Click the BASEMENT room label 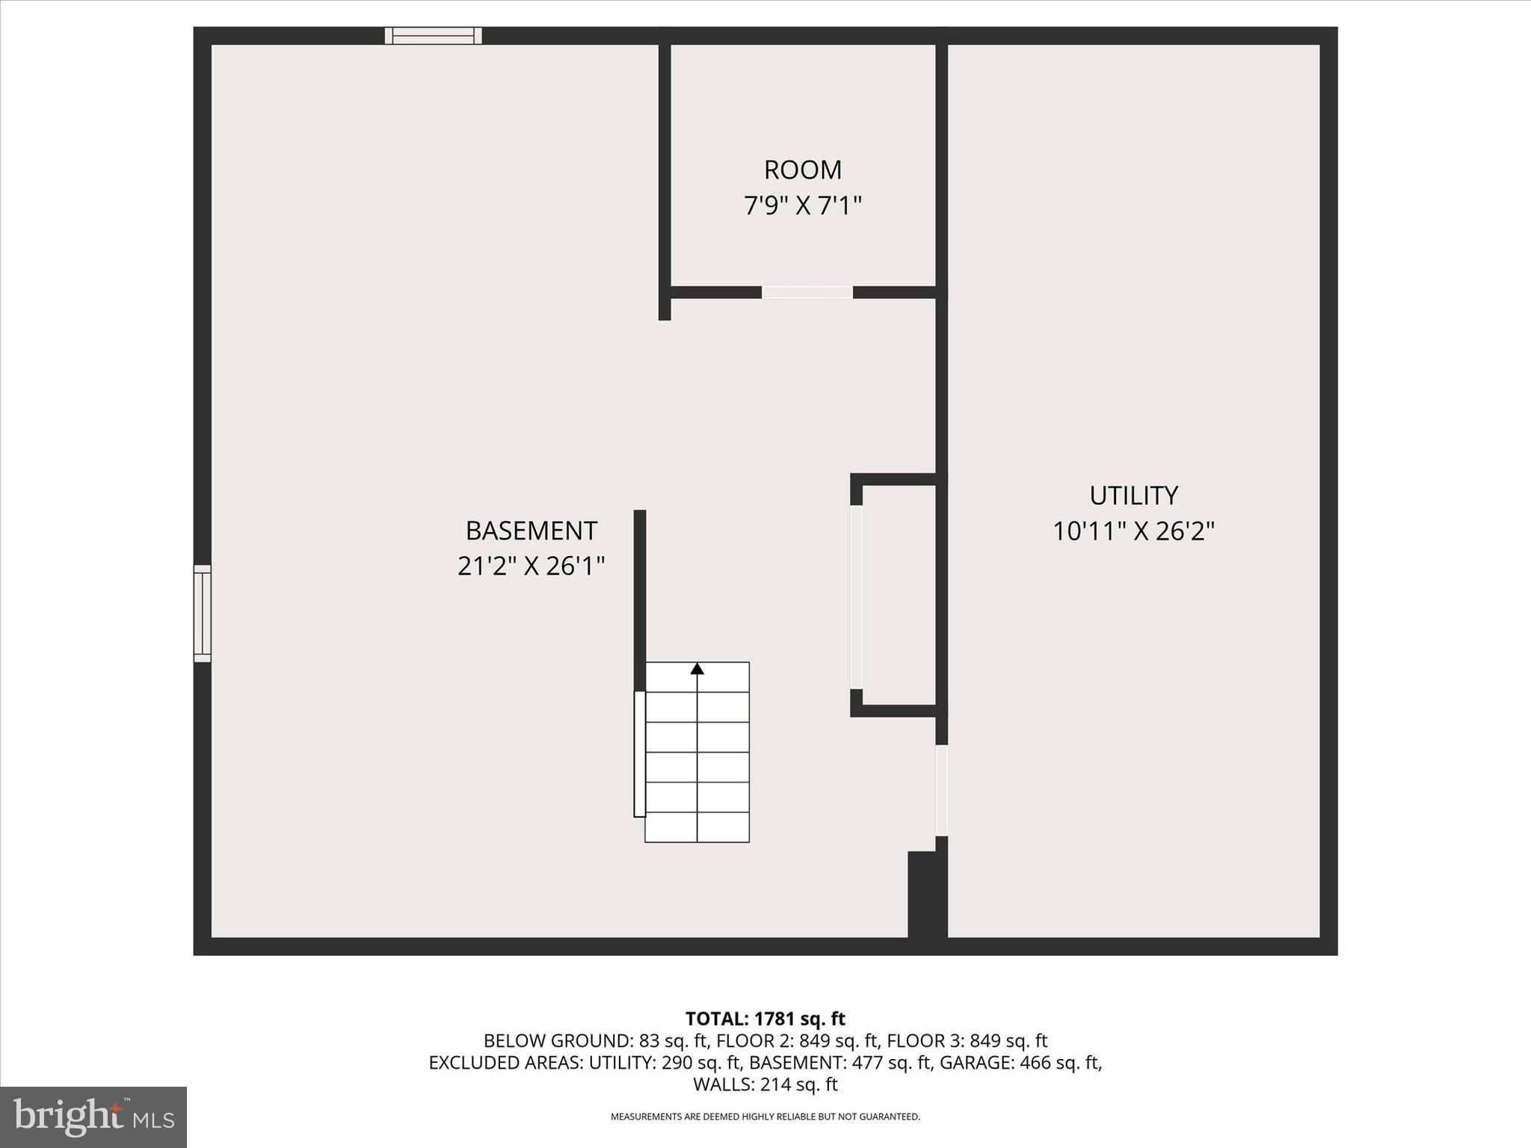coord(531,531)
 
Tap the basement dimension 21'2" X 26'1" coord(531,567)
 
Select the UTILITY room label coord(1133,496)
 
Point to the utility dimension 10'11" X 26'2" coord(1133,531)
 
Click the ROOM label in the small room coord(803,170)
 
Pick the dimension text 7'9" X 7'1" coord(803,206)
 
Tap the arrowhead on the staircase coord(697,668)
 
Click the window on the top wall coord(433,36)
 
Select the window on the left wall coord(202,614)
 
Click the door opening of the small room coord(807,292)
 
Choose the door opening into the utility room coord(942,790)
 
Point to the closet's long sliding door coord(857,597)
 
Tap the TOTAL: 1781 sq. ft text coord(765,1019)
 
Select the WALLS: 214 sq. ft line coord(765,1084)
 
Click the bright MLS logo coord(93,1117)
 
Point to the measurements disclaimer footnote coord(765,1117)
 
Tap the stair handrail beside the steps coord(639,753)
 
